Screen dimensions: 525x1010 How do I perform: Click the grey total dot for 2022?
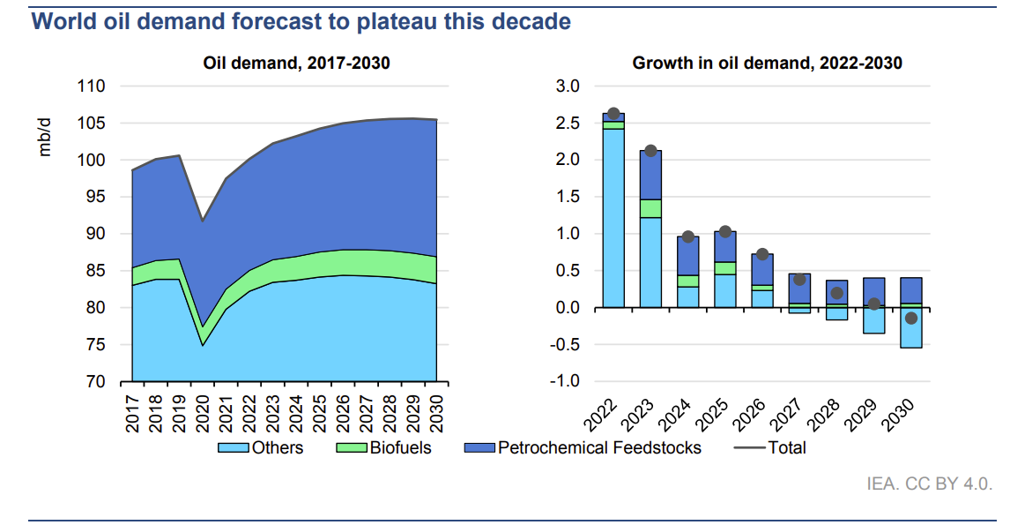click(613, 114)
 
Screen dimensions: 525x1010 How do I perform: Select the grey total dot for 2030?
click(911, 319)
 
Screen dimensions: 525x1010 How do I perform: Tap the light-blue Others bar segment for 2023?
click(650, 262)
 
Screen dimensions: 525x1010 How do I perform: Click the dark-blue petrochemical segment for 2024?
click(688, 256)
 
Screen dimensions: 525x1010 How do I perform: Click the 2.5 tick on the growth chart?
click(568, 124)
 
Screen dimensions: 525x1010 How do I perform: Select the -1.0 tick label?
click(565, 382)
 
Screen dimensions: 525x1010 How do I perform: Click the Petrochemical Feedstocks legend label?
click(599, 448)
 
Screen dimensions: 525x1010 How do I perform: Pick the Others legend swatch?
click(233, 448)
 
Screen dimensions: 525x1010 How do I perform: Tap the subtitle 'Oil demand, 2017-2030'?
click(296, 64)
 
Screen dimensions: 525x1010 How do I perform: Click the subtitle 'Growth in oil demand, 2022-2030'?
click(767, 64)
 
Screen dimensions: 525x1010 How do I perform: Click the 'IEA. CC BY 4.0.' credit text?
click(931, 484)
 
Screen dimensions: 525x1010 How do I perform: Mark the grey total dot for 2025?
click(725, 231)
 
